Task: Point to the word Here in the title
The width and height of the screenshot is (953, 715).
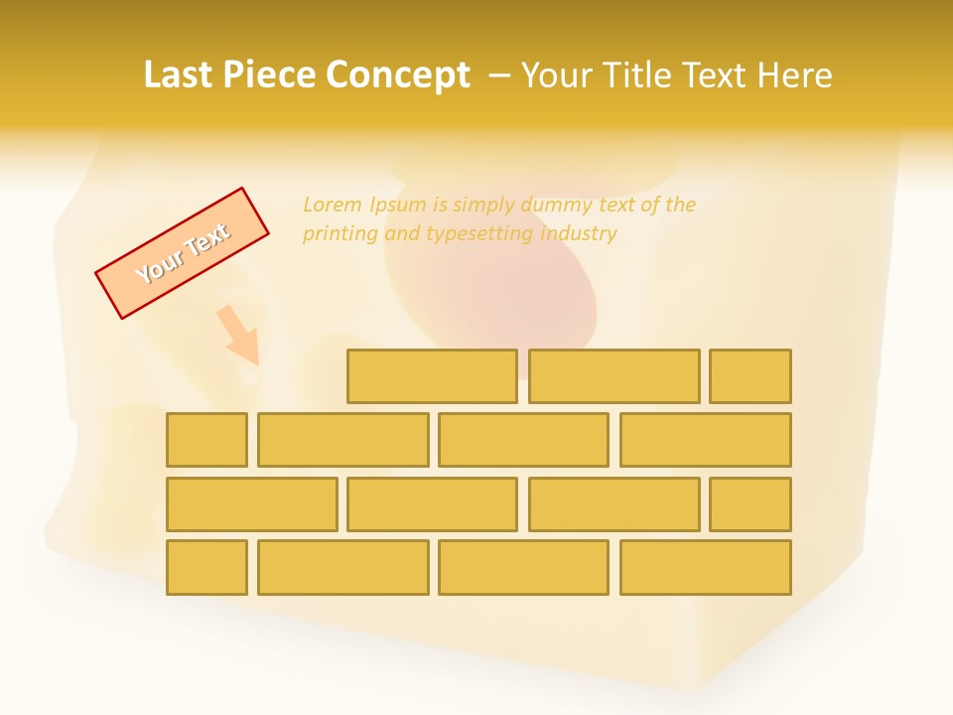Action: click(x=794, y=74)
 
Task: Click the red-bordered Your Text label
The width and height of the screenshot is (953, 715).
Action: click(x=183, y=253)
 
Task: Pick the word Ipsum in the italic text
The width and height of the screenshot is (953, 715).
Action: click(x=399, y=205)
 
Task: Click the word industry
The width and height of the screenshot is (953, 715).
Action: click(x=579, y=233)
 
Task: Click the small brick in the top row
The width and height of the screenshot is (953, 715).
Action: click(x=750, y=376)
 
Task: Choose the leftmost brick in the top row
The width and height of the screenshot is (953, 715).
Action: click(x=432, y=376)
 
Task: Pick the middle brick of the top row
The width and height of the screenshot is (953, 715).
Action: click(x=613, y=376)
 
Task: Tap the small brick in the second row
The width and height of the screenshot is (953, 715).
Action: click(x=206, y=440)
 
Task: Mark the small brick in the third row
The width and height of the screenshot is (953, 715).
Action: click(x=750, y=504)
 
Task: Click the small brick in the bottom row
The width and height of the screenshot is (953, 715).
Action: click(x=206, y=568)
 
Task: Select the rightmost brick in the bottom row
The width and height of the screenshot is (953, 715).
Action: click(x=706, y=568)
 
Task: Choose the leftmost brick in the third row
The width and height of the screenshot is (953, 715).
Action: click(x=251, y=504)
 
